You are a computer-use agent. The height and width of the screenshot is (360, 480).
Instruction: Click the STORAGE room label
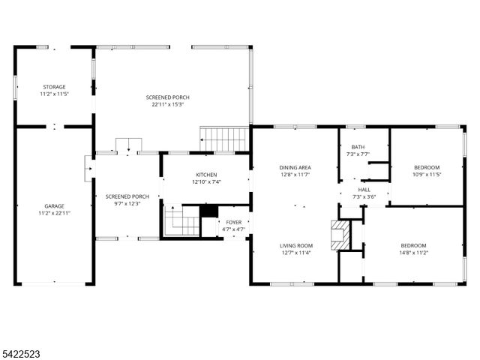click(53, 88)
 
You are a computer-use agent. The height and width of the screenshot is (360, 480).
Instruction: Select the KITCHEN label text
click(205, 174)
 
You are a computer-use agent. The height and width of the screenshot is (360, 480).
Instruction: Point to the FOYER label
click(233, 222)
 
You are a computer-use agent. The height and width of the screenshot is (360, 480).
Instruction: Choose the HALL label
click(364, 189)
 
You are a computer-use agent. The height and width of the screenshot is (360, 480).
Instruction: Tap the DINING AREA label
click(295, 167)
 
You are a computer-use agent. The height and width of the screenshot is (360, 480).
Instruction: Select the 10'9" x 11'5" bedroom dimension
click(426, 175)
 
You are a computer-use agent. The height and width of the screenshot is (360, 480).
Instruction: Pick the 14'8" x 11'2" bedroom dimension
click(413, 253)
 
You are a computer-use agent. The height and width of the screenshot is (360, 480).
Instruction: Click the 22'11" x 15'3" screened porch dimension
click(167, 104)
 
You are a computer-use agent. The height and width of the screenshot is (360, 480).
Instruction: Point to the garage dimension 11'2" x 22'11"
click(53, 212)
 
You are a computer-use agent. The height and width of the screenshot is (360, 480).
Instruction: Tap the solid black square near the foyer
click(209, 212)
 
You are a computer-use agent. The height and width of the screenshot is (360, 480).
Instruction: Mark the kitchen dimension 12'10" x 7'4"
click(205, 181)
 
